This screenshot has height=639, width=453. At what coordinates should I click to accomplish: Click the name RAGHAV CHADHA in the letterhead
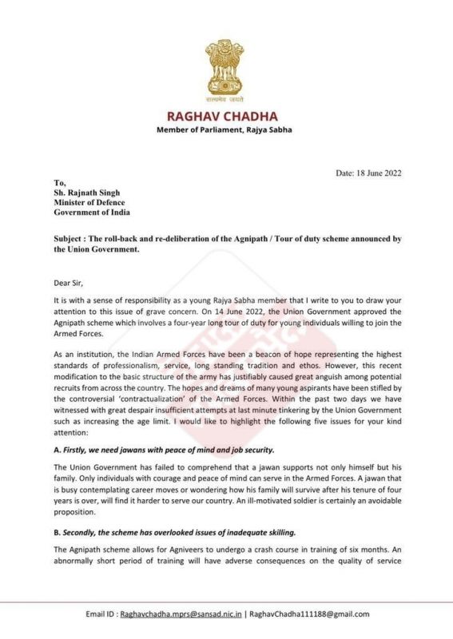(225, 116)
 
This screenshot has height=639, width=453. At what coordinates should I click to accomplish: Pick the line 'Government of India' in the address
(92, 212)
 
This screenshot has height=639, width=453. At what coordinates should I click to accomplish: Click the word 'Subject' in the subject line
(71, 239)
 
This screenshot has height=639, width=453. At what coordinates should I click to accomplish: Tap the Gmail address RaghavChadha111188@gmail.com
(310, 613)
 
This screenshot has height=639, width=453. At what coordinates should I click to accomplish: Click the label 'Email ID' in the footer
(101, 613)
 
